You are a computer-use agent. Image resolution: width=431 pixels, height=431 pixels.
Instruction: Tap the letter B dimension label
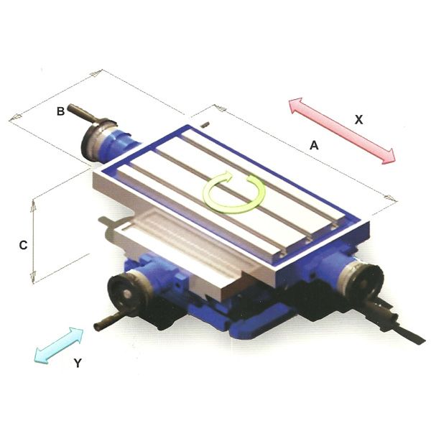[61, 111]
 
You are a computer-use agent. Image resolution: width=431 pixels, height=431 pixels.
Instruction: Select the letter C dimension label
[23, 245]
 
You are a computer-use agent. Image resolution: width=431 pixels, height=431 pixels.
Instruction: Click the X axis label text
[358, 120]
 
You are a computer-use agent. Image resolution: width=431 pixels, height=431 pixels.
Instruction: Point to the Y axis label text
[78, 363]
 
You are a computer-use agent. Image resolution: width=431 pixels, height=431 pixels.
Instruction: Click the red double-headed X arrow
[342, 131]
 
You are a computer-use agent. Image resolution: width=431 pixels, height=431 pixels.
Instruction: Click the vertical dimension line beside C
[33, 242]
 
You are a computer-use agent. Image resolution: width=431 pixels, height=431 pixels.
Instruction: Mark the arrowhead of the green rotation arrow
[252, 182]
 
